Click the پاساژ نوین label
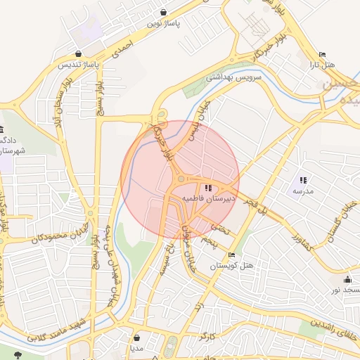click(x=164, y=23)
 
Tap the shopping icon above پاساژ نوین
click(x=164, y=12)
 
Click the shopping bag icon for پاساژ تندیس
click(x=78, y=53)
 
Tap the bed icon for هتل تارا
click(x=322, y=55)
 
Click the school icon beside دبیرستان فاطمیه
click(x=207, y=188)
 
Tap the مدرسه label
click(x=303, y=191)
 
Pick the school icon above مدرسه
click(x=303, y=180)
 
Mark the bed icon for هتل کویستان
click(x=232, y=255)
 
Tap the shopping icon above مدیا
click(x=136, y=337)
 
